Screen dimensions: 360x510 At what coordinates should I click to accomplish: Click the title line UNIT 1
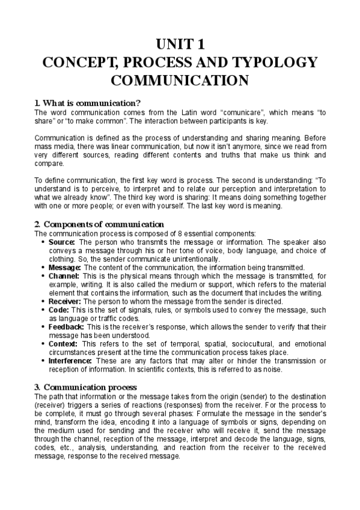tap(180, 44)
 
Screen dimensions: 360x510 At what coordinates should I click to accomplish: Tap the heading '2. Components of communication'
tap(100, 224)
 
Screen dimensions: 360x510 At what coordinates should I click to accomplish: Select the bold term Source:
tap(62, 242)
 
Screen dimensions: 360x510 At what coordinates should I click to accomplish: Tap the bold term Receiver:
tap(65, 301)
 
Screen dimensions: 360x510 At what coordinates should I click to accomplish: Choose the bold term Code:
tap(58, 310)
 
